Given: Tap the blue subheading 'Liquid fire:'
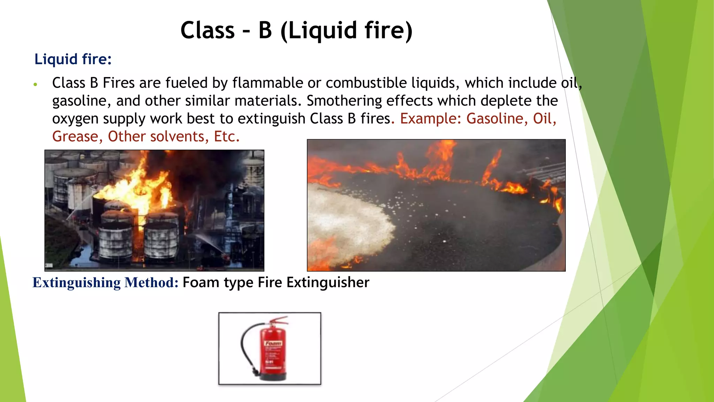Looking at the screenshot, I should coord(73,59).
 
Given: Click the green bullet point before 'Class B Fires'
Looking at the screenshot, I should coord(35,84).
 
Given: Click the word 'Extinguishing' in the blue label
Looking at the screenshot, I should coord(76,282).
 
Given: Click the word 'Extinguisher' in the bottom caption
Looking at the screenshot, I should coord(328,282).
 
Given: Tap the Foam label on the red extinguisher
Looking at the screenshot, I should coord(273,343).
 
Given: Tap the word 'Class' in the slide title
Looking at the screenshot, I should coord(208,31).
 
